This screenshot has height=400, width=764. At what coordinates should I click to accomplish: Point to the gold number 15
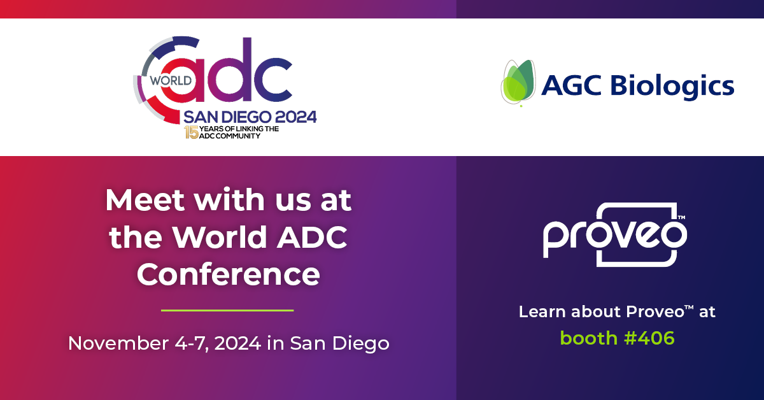pos(190,132)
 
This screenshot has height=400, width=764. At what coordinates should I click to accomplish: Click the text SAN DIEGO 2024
pos(250,117)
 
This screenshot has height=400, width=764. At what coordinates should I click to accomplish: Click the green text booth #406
pos(617,338)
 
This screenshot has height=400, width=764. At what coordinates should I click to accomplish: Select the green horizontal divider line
pos(227,311)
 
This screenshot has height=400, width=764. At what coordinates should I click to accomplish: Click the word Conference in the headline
pos(228,275)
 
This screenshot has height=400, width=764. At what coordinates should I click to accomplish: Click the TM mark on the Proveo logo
pos(681,218)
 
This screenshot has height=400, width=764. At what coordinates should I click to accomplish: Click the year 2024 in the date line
pos(237,343)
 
